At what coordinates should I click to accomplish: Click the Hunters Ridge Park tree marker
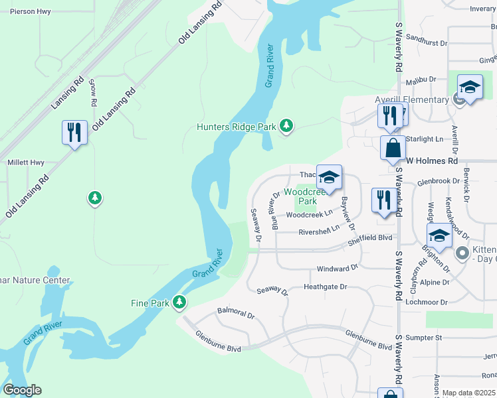286,126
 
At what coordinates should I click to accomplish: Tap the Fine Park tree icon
179,302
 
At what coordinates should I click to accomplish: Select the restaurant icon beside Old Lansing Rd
74,132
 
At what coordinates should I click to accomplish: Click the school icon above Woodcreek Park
329,178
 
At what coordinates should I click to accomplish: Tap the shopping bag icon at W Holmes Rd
393,147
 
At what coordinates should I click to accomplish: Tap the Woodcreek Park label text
306,196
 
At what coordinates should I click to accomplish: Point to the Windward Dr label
337,268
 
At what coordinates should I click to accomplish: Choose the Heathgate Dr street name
325,287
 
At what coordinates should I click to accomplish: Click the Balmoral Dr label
236,313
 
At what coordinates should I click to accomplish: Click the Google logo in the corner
22,390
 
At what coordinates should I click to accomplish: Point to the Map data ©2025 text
468,393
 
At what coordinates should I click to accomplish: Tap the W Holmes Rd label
432,161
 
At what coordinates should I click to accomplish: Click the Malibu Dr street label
420,79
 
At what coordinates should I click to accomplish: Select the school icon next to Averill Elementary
470,87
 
